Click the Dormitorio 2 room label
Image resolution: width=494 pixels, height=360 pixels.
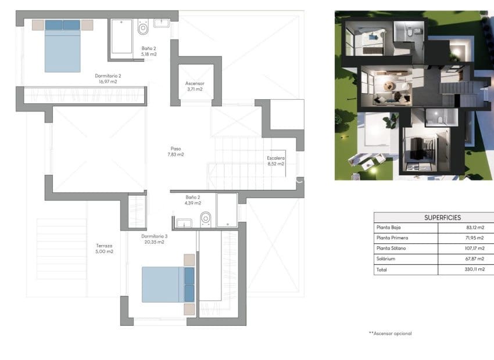click(108, 78)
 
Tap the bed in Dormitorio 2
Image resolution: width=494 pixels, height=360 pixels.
click(63, 46)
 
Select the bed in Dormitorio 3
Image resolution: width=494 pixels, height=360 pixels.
click(167, 284)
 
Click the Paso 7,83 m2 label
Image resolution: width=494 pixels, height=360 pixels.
click(176, 151)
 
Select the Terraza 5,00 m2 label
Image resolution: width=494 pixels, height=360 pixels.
click(105, 248)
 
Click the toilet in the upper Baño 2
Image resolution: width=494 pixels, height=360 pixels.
click(143, 27)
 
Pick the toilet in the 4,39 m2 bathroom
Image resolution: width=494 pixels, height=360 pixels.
click(205, 219)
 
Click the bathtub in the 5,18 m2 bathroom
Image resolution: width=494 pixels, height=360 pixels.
click(121, 36)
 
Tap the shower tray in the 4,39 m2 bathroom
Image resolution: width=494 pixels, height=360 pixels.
click(227, 210)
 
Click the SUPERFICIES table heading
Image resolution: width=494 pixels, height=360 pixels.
click(442, 217)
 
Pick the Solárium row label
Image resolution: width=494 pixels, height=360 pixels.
click(386, 259)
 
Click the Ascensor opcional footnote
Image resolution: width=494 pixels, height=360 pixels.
click(390, 333)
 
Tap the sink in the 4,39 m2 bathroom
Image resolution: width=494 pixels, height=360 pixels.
click(184, 222)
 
